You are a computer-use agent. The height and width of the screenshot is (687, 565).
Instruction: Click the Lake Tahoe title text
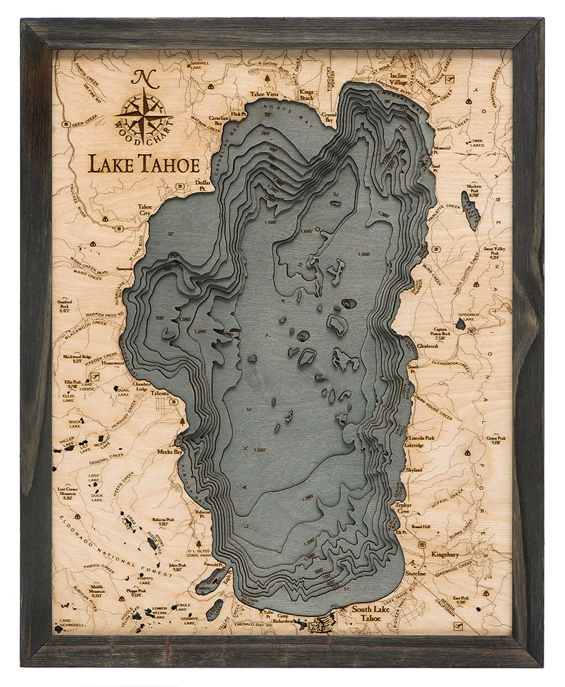[x=143, y=164]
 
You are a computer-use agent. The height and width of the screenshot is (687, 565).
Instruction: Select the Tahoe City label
[x=145, y=210]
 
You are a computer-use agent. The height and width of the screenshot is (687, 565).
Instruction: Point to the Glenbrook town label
[x=427, y=346]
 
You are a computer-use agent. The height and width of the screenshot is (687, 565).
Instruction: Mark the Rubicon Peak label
[x=163, y=521]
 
